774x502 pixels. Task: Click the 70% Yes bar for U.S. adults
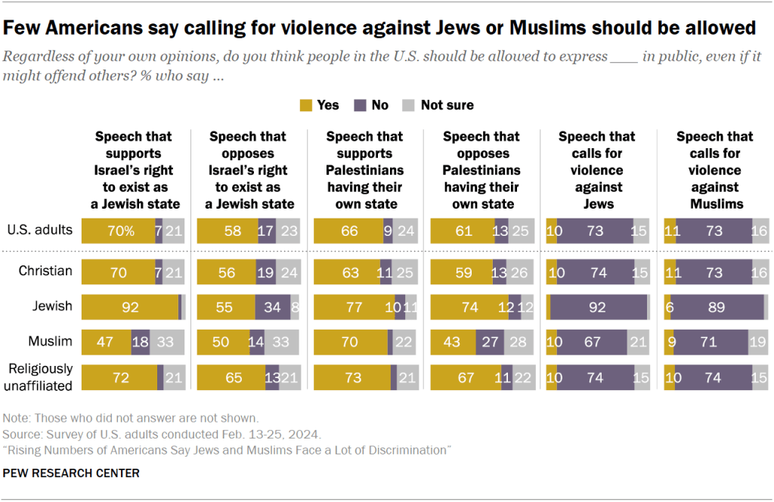[118, 231]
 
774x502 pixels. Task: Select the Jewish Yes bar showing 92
[129, 306]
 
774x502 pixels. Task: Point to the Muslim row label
[50, 341]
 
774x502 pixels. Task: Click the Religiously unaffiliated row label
[42, 376]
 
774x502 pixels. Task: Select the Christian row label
[46, 271]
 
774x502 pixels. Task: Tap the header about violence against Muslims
[714, 170]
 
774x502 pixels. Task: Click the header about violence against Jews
[597, 170]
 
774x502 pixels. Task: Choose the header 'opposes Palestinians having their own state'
[481, 170]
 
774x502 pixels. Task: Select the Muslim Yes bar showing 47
[106, 341]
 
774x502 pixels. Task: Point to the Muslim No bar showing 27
[491, 341]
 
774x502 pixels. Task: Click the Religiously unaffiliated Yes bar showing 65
[230, 376]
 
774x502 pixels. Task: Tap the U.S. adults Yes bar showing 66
[348, 231]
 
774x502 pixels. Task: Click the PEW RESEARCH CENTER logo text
[71, 473]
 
